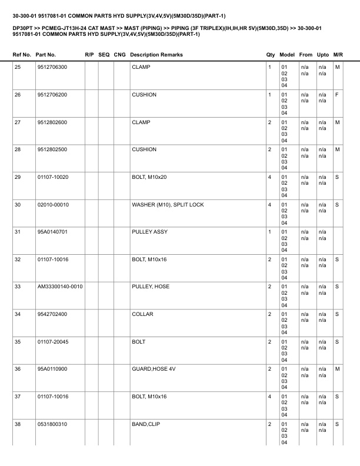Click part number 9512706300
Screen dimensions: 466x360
pos(52,67)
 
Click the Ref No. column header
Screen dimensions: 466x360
pos(22,55)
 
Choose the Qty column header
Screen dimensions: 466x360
pos(271,55)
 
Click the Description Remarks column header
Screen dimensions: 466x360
pos(156,55)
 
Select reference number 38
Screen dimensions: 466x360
pos(18,424)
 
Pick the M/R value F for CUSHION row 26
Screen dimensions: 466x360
pos(336,95)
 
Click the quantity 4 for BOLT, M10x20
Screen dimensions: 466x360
pos(269,177)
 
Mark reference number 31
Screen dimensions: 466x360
pos(18,232)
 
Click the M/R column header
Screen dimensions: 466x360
pos(338,55)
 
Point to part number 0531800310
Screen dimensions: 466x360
pos(52,424)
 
